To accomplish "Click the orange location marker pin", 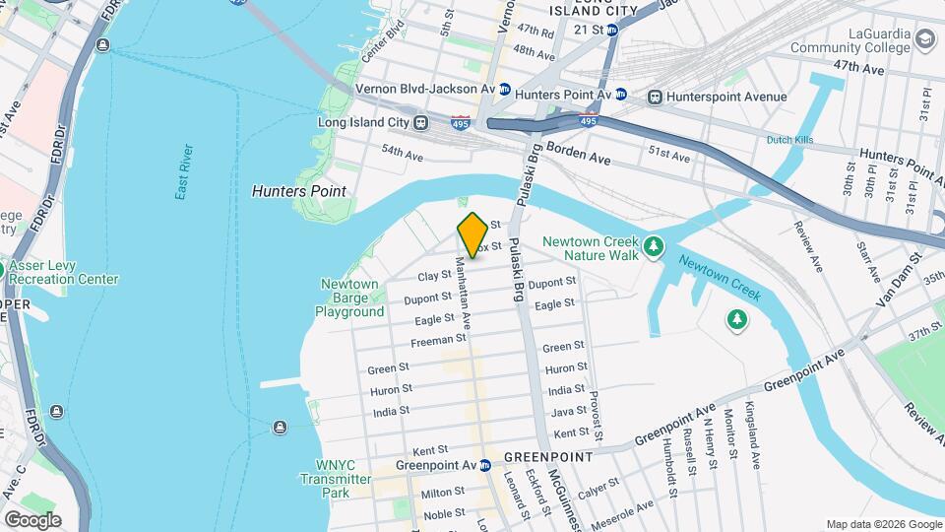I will click(472, 234).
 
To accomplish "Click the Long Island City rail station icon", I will click(420, 123).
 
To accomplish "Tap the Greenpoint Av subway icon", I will click(485, 465).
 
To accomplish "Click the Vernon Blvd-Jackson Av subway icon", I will click(505, 89).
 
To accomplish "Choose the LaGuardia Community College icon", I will click(923, 38).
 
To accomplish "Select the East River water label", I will click(185, 172).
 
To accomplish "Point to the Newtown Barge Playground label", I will click(349, 298).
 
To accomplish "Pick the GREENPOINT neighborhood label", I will click(548, 458).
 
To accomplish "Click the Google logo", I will click(32, 519).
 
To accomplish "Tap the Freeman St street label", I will click(438, 340).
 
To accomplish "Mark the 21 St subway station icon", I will click(611, 31).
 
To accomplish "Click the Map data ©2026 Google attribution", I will click(883, 524).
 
